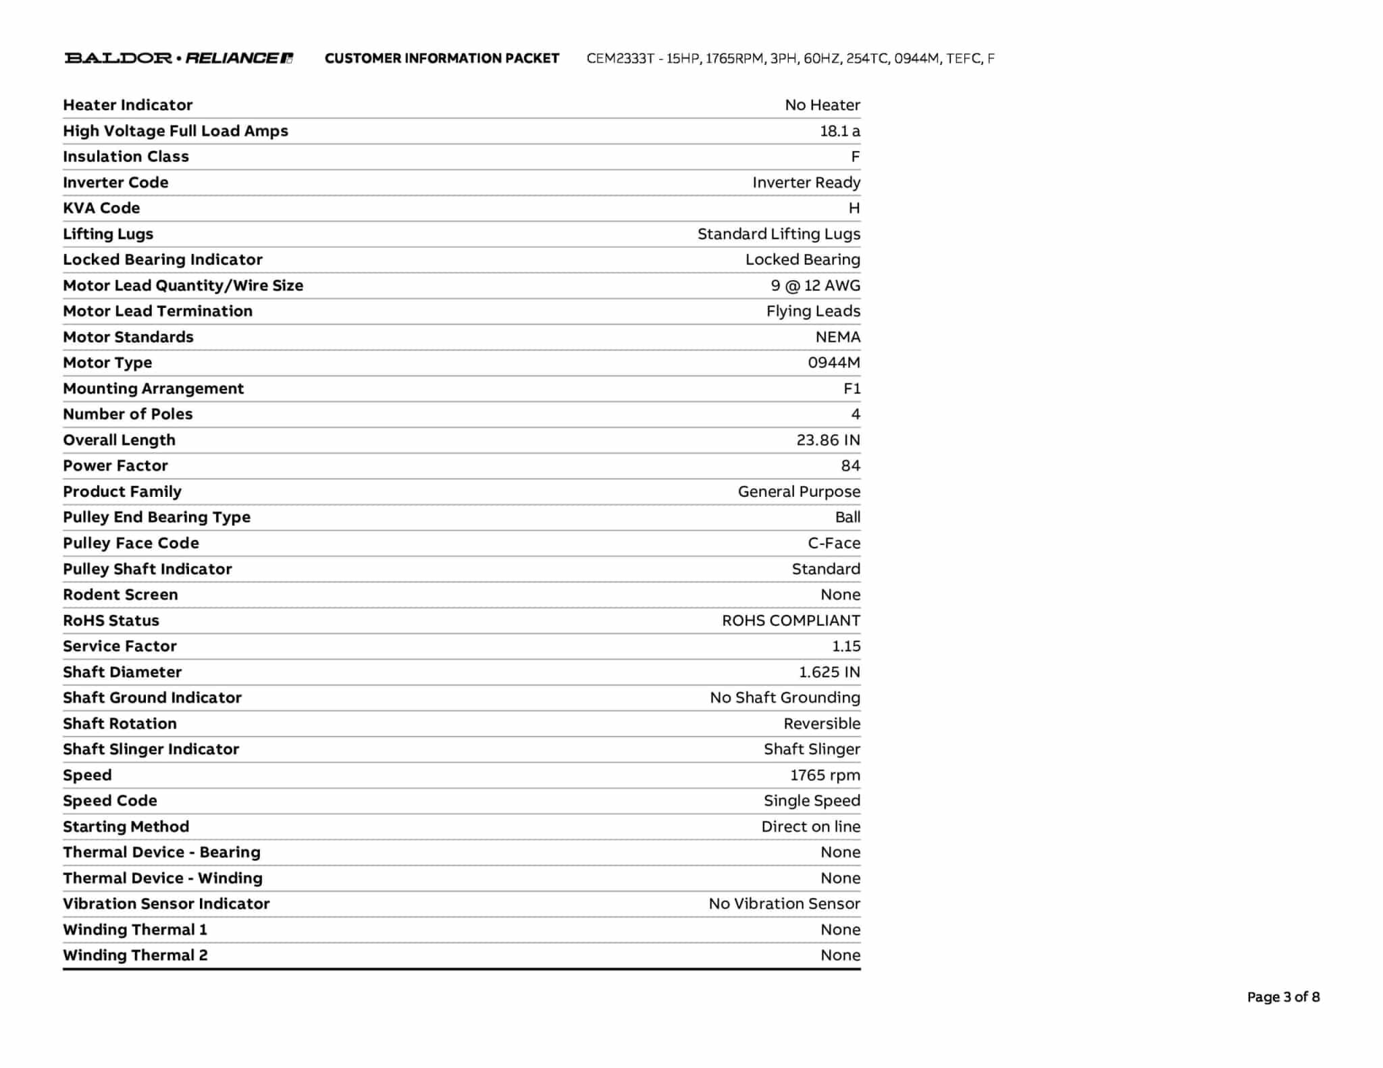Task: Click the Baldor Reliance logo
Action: tap(178, 58)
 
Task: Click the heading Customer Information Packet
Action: tap(442, 59)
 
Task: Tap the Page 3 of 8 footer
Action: tap(1282, 996)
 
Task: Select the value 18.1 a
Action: tap(839, 131)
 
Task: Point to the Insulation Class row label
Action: tap(126, 157)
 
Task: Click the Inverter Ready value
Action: tap(806, 182)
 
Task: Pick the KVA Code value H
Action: tap(854, 208)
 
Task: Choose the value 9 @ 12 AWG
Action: tap(815, 286)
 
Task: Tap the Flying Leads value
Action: tap(812, 311)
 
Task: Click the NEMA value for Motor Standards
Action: tap(837, 337)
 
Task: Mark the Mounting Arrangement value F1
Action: tap(852, 388)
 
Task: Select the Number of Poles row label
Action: tap(128, 414)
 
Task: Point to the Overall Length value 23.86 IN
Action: tap(828, 440)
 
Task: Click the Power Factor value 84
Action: tap(850, 466)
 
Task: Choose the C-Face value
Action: tap(833, 543)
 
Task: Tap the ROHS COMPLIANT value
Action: tap(791, 620)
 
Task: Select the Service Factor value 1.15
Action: tap(845, 646)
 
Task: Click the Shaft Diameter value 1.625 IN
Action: tap(829, 672)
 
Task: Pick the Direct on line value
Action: tap(810, 826)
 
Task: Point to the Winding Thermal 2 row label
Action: tap(135, 955)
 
